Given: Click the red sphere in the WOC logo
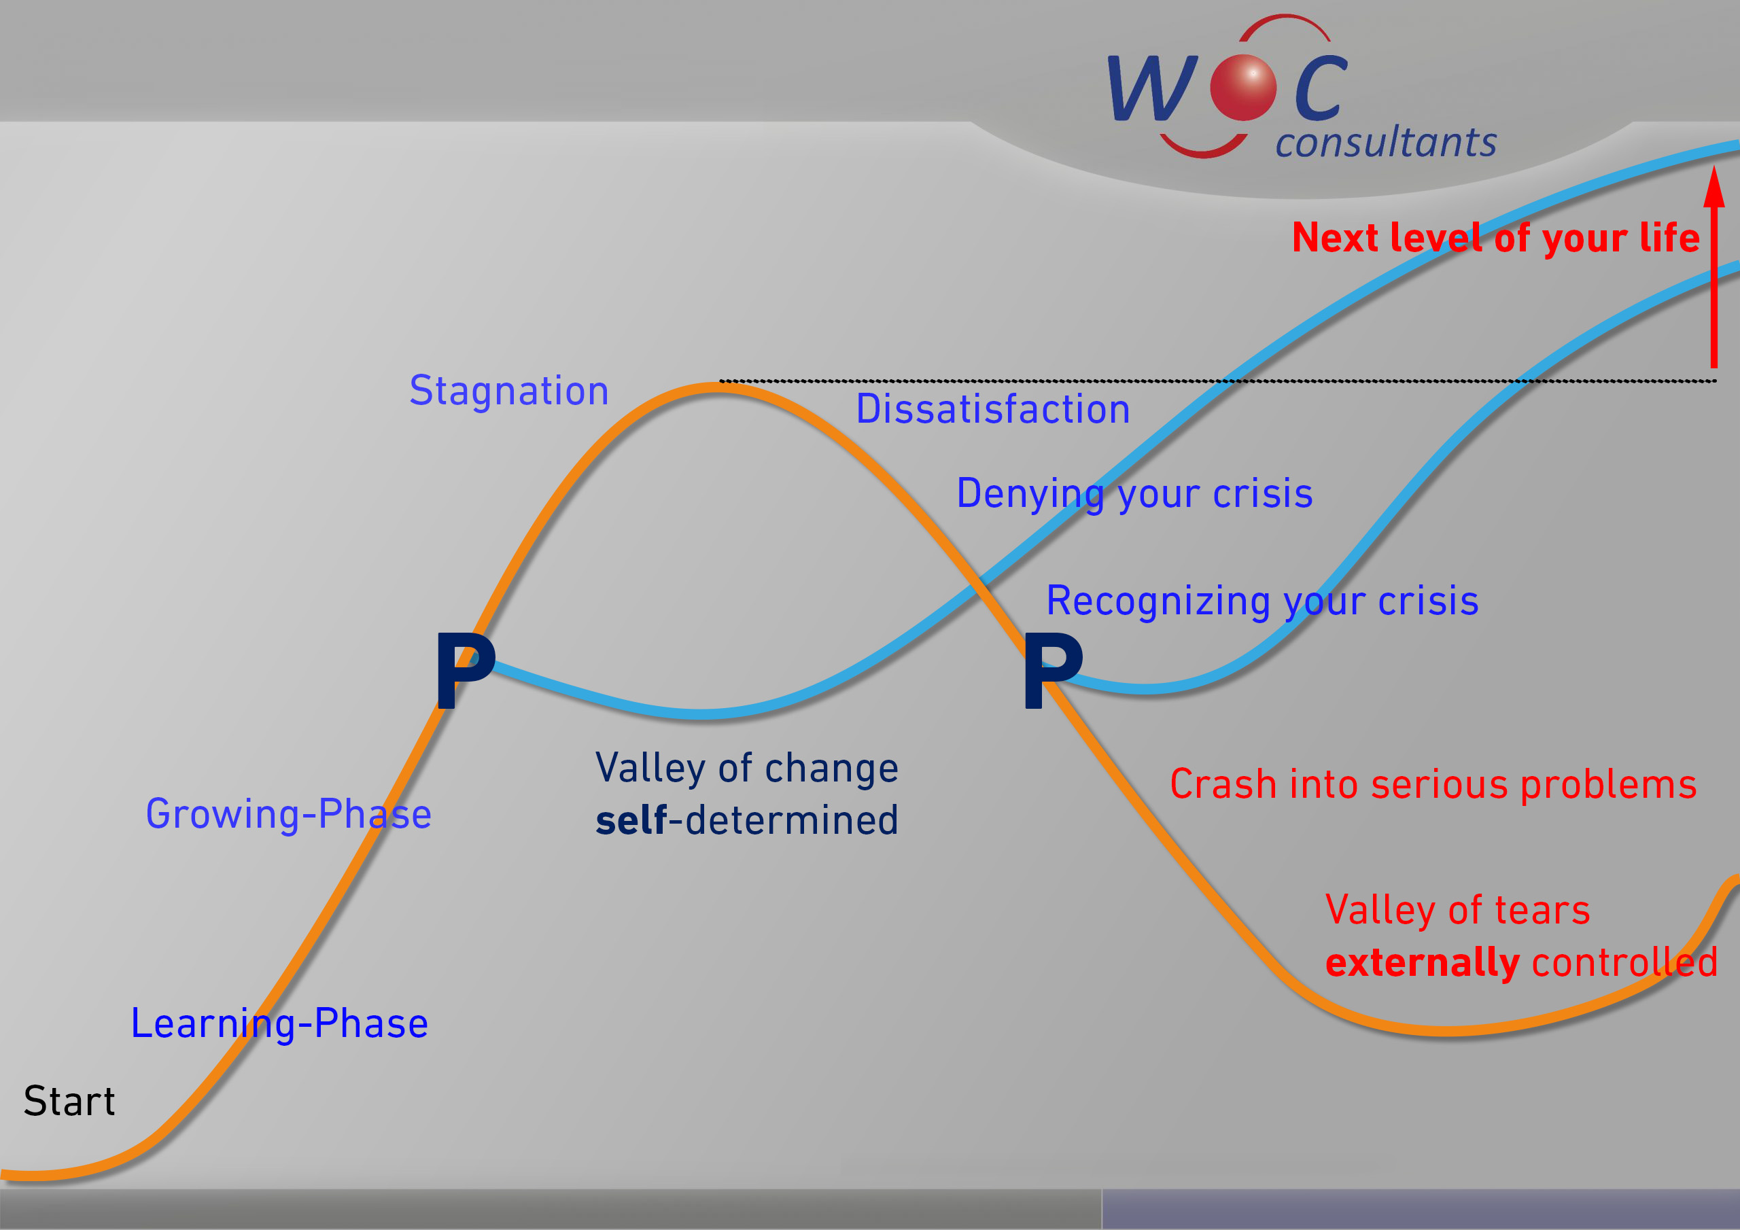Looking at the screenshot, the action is tap(1243, 88).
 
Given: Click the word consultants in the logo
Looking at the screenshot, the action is tap(1386, 142).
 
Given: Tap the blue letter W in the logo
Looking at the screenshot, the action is tap(1153, 88).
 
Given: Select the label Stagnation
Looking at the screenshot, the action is tap(509, 391).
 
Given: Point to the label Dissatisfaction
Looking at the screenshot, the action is tap(993, 409).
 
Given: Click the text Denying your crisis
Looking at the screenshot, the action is tap(1134, 494).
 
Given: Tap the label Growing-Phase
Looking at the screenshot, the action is tap(289, 815).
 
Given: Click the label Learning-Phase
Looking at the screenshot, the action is tap(279, 1024).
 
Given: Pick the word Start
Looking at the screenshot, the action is tap(69, 1101).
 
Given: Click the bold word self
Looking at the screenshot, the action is tap(631, 820).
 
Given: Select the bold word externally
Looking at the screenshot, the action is tap(1423, 962).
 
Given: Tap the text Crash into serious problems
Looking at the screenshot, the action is tap(1433, 784).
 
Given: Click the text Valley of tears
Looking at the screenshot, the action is tap(1457, 909).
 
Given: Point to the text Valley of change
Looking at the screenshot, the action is tap(747, 768).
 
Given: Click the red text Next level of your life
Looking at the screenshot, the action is tap(1496, 237).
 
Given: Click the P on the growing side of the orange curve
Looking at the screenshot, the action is tap(466, 671).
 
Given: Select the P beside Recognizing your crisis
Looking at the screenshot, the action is tap(1053, 671).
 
